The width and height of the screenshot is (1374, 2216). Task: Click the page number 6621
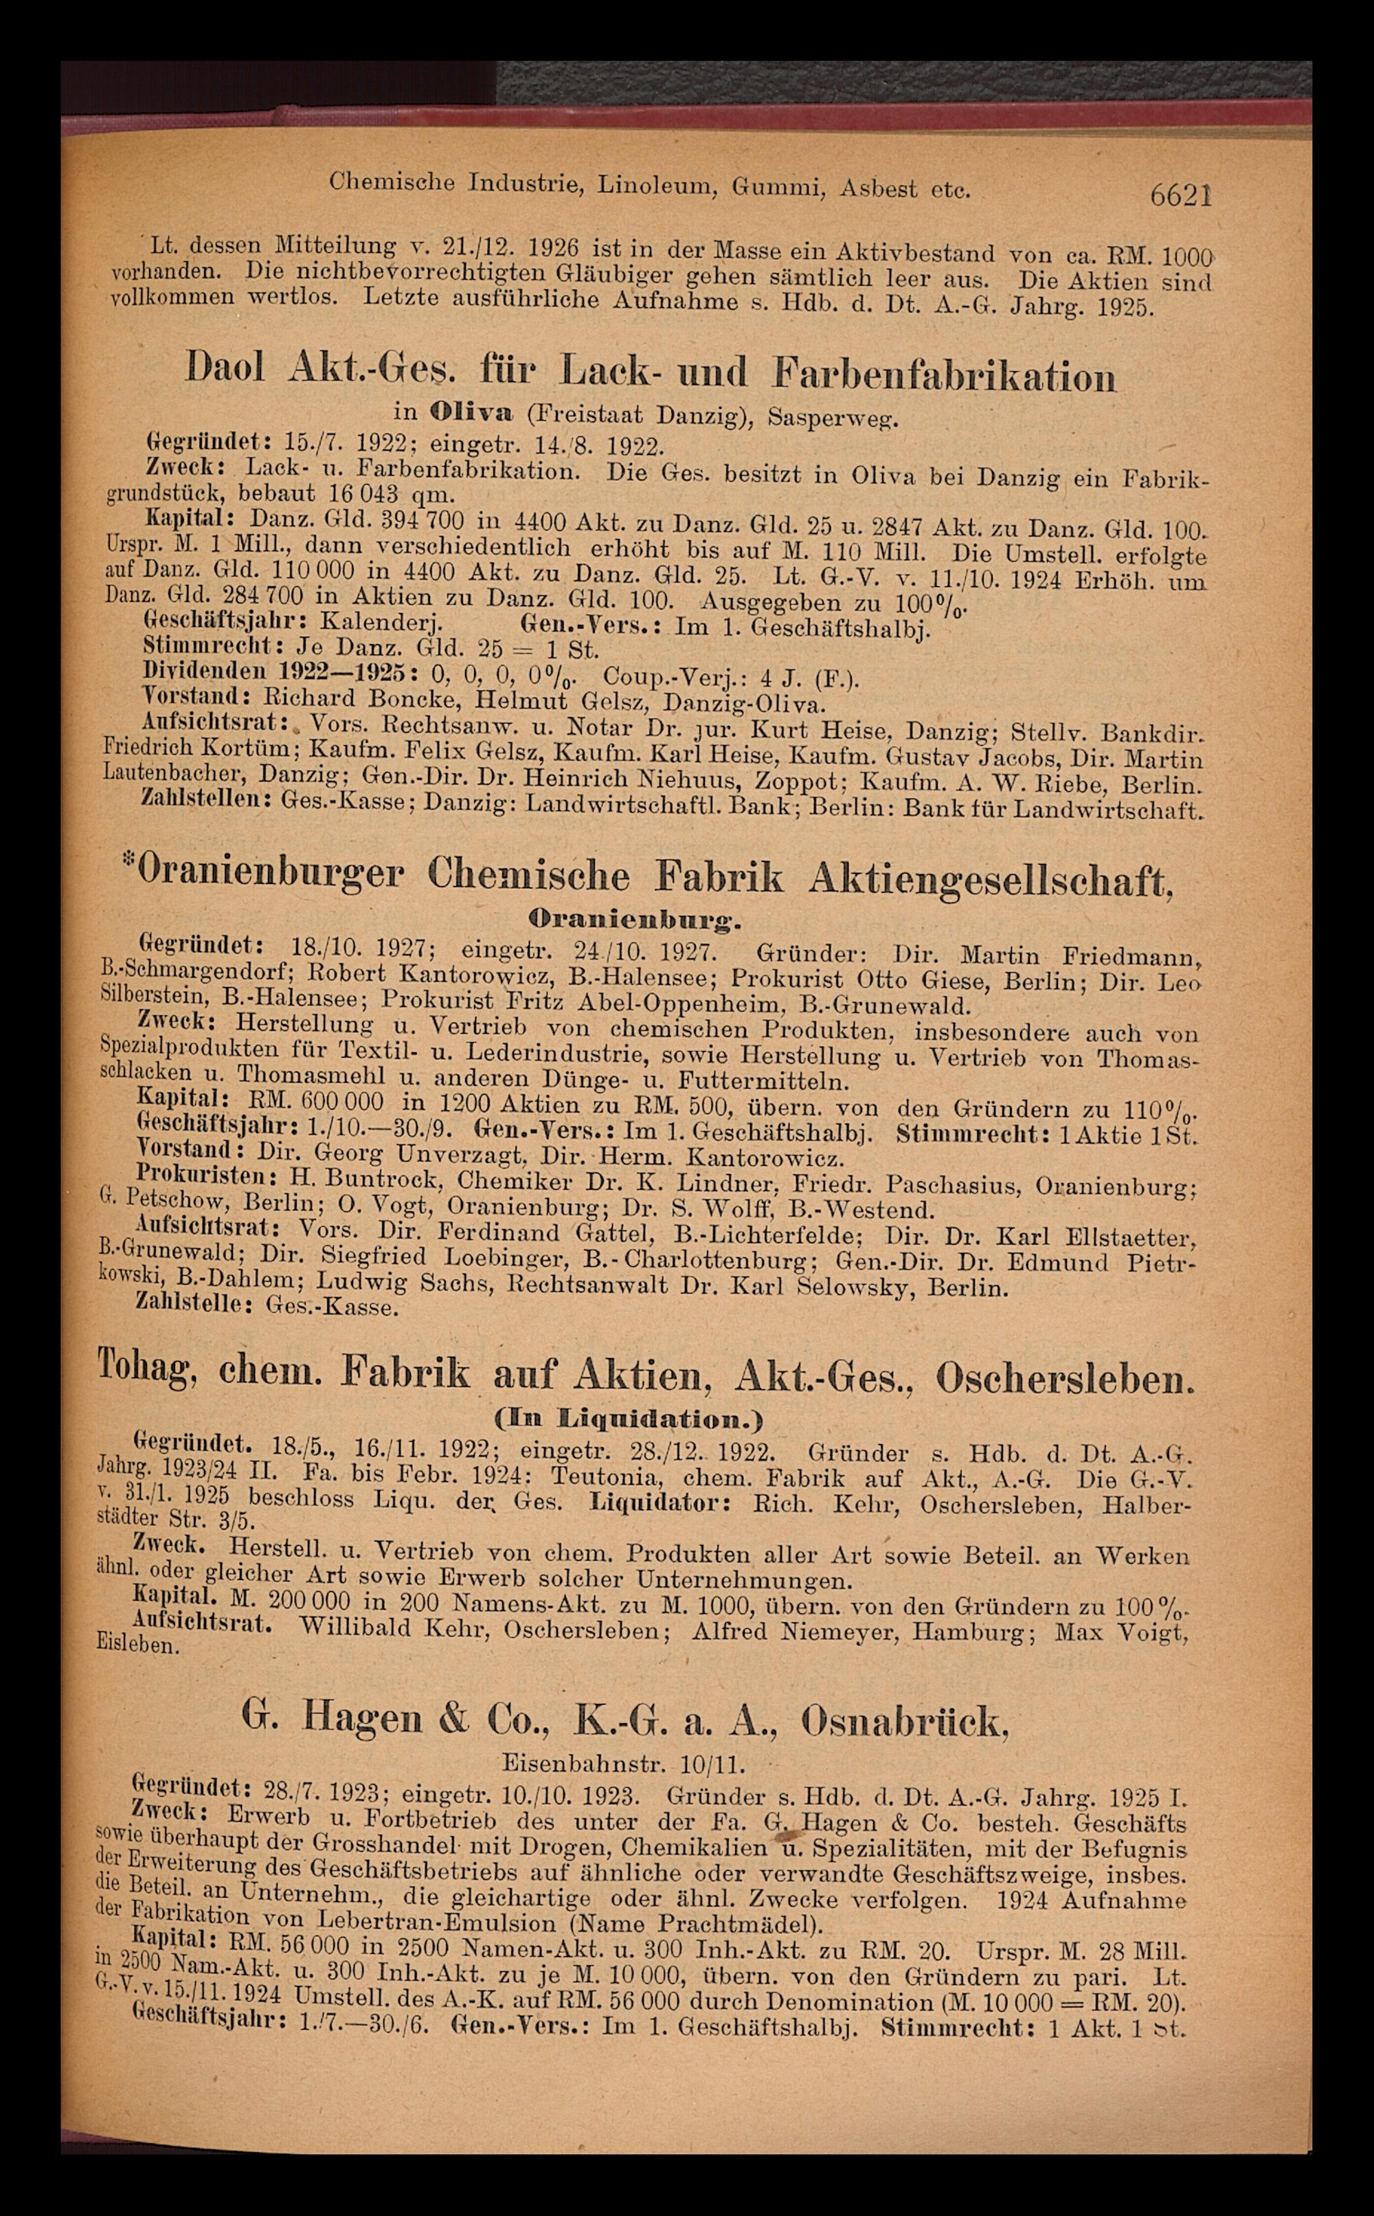pos(1180,195)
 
